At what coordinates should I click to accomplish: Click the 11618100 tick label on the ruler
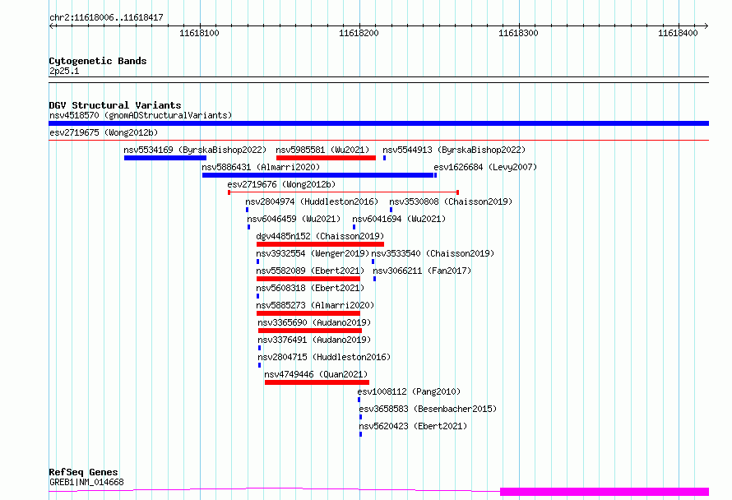pos(199,33)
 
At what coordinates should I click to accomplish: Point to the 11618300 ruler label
pos(518,33)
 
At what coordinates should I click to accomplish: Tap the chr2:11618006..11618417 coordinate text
pos(106,18)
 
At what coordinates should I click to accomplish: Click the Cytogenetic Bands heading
pos(98,61)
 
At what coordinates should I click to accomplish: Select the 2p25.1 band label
pos(64,71)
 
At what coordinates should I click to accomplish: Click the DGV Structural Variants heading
pos(115,105)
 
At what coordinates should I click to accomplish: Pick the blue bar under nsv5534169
pos(165,158)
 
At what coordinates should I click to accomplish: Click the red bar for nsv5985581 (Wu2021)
pos(326,158)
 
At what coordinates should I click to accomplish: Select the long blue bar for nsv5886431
pos(318,175)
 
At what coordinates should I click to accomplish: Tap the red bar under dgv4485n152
pos(320,244)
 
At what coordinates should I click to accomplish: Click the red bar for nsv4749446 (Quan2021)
pos(317,382)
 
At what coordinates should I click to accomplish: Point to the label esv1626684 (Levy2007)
pos(485,167)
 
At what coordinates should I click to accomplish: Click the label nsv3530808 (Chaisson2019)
pos(451,201)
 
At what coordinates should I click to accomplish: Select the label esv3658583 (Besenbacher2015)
pos(428,409)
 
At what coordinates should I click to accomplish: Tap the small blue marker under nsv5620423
pos(360,434)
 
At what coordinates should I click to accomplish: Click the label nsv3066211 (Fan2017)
pos(422,271)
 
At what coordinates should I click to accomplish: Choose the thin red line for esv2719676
pos(343,192)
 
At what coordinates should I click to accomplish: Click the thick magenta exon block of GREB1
pos(605,491)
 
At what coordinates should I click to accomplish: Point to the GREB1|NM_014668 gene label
pos(87,482)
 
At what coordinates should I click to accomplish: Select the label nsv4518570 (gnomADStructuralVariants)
pos(141,115)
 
